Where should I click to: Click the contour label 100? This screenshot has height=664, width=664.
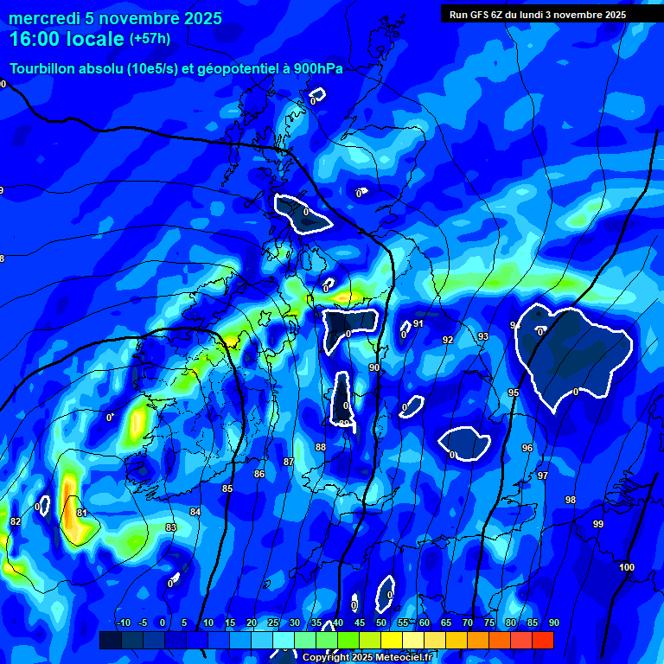(x=627, y=567)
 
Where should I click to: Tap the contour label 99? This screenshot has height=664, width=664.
(x=598, y=525)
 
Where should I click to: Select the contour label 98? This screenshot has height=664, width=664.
(x=571, y=501)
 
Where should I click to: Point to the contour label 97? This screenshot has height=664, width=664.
(x=543, y=476)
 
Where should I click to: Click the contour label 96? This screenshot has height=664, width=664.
(x=527, y=448)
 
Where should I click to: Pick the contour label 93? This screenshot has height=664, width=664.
(x=483, y=336)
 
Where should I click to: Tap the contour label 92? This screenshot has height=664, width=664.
(x=448, y=340)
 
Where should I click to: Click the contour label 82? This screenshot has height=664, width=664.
(x=16, y=521)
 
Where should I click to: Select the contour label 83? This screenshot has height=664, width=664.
(x=170, y=527)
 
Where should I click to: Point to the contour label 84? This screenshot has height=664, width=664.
(x=195, y=512)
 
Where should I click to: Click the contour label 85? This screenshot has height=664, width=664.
(x=227, y=489)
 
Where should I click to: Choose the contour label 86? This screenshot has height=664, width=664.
(x=259, y=474)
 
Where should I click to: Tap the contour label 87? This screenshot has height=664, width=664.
(x=289, y=463)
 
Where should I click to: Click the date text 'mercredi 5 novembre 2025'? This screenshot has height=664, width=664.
(x=116, y=18)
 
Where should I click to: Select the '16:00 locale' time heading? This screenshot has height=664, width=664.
(x=67, y=40)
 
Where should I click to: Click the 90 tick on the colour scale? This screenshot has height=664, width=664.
(x=553, y=622)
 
